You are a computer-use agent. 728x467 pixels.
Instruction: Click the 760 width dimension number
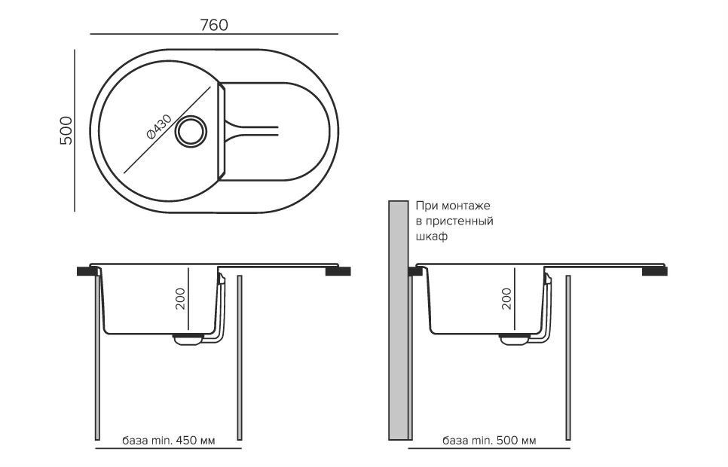point(214,24)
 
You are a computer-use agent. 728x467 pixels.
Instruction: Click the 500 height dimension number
point(66,131)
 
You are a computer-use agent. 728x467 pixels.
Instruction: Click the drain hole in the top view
point(190,131)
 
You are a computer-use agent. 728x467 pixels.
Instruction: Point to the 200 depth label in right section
point(506,299)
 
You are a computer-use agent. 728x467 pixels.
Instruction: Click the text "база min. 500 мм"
point(489,440)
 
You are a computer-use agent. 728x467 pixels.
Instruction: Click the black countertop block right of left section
point(338,272)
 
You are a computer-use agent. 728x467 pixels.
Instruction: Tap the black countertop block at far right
point(653,272)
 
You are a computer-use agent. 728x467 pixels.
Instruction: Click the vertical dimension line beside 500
point(75,131)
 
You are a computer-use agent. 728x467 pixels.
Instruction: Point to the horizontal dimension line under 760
point(214,35)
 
